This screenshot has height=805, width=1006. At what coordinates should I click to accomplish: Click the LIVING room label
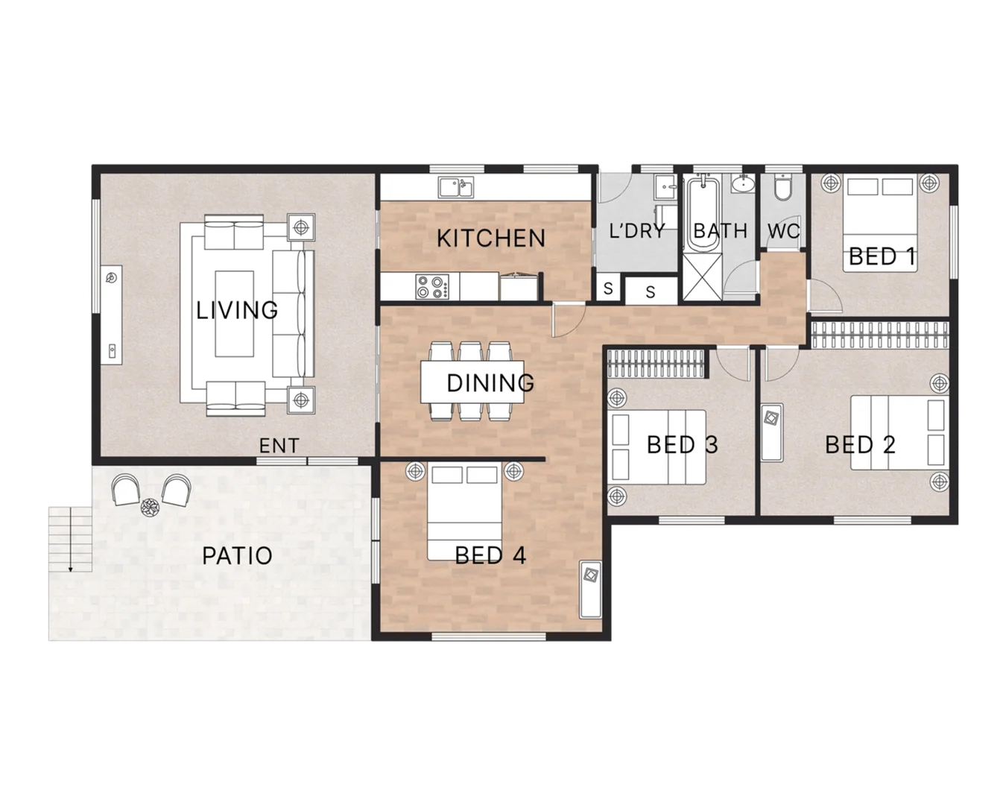[237, 309]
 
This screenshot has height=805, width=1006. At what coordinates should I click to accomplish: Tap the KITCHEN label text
[490, 239]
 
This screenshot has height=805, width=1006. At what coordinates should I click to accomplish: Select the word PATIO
[237, 555]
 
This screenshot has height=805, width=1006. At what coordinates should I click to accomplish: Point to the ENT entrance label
[279, 446]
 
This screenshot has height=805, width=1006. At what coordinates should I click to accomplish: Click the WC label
[783, 231]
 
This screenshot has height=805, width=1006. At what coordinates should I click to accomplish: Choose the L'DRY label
[636, 231]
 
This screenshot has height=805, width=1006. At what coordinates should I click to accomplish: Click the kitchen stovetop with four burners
[433, 287]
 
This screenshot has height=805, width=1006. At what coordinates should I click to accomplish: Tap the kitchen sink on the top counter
[455, 186]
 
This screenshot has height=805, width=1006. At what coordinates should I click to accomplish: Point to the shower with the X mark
[703, 280]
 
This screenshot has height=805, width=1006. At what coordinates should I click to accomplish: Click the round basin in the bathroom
[742, 184]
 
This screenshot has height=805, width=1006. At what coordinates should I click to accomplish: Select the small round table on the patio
[151, 507]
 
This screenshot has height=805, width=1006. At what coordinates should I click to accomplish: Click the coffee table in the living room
[235, 313]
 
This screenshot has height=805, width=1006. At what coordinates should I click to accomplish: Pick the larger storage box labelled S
[650, 291]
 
